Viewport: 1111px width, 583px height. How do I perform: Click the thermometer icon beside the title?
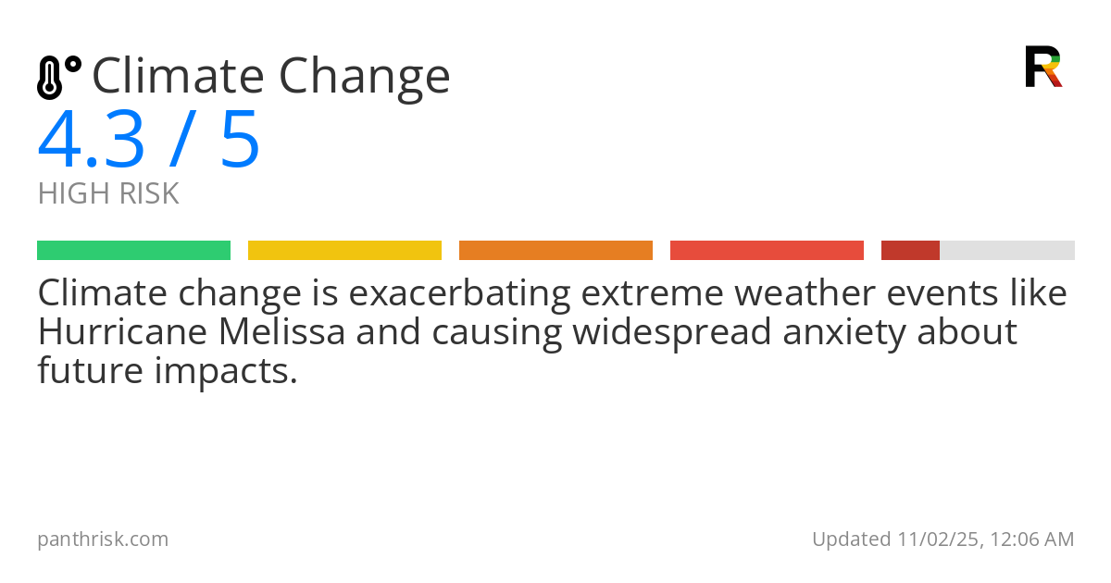(59, 78)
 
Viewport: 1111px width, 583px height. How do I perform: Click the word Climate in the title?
(178, 76)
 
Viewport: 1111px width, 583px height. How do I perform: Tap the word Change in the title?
(365, 79)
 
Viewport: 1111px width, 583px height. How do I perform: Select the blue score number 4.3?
(92, 140)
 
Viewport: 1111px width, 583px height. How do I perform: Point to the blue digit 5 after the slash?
(240, 140)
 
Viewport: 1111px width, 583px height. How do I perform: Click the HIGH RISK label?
(108, 193)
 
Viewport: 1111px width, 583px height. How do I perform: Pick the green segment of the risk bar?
(134, 251)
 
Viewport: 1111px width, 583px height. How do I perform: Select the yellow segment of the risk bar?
(344, 251)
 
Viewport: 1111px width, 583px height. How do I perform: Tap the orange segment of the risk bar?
(555, 251)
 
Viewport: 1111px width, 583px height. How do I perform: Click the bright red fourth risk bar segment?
(767, 251)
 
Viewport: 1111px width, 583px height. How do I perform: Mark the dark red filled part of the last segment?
(910, 251)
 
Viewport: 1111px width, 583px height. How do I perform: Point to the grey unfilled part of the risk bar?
(1007, 251)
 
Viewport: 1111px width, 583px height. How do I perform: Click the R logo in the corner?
(1043, 67)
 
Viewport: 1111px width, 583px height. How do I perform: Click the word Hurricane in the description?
(122, 331)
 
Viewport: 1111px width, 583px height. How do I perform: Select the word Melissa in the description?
(281, 331)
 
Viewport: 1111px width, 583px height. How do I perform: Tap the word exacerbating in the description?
(460, 293)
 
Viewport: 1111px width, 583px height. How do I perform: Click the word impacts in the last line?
(226, 371)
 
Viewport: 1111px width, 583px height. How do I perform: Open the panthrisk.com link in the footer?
(103, 540)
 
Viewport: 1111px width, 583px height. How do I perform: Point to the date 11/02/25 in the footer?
(938, 540)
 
